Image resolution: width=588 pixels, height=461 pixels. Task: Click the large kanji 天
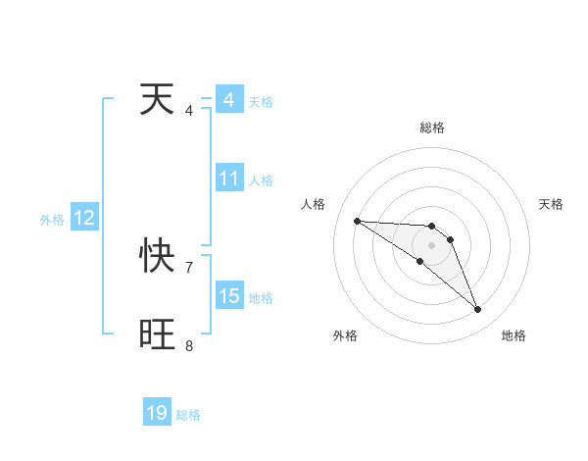coord(159,99)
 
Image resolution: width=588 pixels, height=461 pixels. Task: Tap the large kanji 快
coord(159,257)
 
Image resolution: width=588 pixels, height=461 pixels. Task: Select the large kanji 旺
coord(159,334)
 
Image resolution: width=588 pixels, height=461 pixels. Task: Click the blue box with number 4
coord(229,100)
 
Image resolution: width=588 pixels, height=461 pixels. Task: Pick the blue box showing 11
coord(229,179)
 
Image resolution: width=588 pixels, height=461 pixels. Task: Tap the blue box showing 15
coord(229,296)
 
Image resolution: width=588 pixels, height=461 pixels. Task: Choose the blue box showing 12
coord(84,218)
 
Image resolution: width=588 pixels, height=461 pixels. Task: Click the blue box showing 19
coord(157,413)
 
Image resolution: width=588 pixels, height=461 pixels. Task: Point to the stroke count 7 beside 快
coord(189,267)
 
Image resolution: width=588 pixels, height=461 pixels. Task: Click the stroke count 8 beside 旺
coord(189,345)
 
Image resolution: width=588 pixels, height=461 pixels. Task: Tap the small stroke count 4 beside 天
coord(189,110)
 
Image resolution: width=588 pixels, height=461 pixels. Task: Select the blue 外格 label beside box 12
coord(52,220)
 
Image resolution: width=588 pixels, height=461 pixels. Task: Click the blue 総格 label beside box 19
coord(188,415)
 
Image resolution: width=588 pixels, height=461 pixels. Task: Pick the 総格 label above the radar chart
coord(432,128)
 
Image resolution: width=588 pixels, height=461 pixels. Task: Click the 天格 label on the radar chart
coord(552,204)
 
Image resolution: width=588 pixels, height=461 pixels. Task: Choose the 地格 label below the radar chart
coord(514,335)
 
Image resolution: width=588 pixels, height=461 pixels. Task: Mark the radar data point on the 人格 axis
coord(357,221)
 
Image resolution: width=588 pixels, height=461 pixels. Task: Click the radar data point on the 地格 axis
coord(478,310)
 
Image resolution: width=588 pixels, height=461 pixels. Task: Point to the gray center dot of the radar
coord(432,245)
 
